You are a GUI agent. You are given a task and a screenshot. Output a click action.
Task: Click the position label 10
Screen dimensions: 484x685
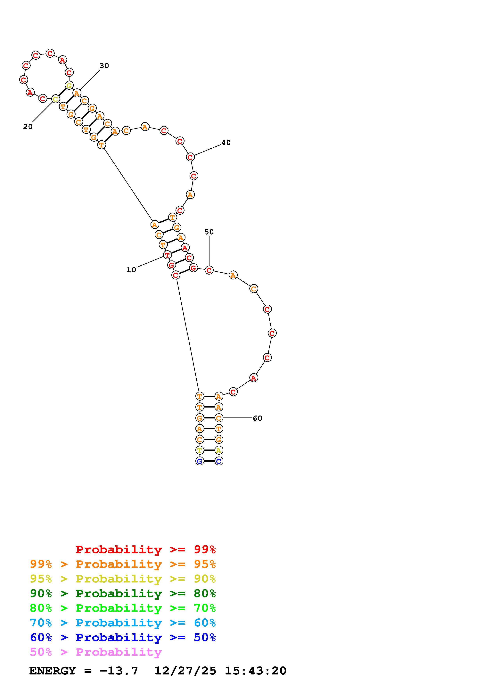point(131,270)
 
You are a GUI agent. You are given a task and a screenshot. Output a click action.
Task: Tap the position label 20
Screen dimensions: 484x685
point(28,127)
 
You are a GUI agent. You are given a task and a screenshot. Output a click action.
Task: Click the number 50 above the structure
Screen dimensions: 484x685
point(209,232)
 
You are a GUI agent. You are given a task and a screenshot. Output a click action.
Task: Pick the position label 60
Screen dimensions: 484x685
point(257,418)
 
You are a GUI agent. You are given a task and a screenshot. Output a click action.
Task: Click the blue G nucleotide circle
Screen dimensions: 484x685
point(200,461)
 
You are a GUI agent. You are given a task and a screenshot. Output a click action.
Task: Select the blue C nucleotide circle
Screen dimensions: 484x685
point(219,461)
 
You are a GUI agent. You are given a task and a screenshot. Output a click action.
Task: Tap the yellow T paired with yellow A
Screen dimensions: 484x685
point(200,450)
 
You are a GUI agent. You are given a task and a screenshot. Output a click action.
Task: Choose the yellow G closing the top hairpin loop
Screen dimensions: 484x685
point(69,86)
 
